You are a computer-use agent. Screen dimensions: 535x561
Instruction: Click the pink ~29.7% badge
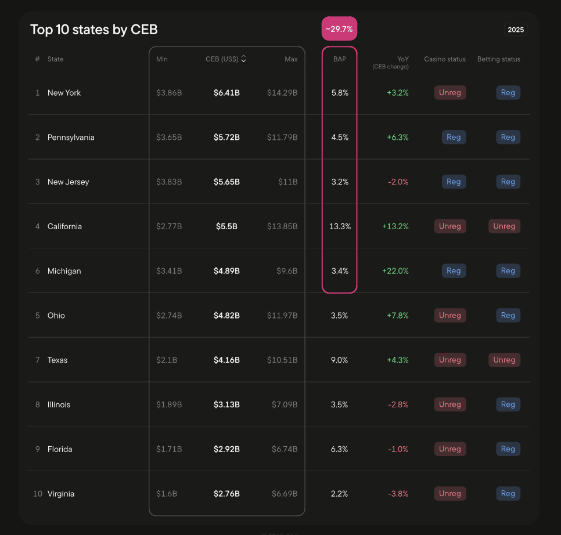pos(339,29)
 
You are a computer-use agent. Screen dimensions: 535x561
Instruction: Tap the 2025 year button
pos(515,30)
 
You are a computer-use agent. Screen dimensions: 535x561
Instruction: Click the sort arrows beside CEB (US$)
pos(243,59)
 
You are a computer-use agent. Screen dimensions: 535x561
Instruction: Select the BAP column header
pos(339,59)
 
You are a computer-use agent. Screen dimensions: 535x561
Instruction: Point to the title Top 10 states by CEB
pos(93,30)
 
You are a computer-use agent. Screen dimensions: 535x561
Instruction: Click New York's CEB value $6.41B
pos(226,93)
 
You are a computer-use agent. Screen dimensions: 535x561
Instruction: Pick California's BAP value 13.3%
pos(340,226)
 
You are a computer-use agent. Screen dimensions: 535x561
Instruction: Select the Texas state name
pos(57,360)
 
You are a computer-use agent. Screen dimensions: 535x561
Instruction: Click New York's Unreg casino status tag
pos(449,93)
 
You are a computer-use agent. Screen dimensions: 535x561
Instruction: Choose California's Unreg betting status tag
pos(504,226)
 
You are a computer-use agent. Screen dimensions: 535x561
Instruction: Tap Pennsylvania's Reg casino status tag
pos(454,138)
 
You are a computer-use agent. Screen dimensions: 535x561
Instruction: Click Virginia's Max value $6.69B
pos(285,494)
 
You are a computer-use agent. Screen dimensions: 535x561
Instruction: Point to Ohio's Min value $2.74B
pos(169,316)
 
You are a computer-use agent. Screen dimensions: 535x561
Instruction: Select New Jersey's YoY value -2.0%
pos(398,182)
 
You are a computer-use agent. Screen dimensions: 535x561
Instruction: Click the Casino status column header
pos(445,59)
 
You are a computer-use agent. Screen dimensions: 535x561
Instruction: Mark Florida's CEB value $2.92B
pos(226,449)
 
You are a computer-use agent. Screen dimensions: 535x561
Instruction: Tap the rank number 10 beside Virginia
pos(38,494)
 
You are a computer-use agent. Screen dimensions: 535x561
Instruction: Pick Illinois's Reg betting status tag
pos(508,404)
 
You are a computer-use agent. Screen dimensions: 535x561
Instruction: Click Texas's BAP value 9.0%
pos(339,360)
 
